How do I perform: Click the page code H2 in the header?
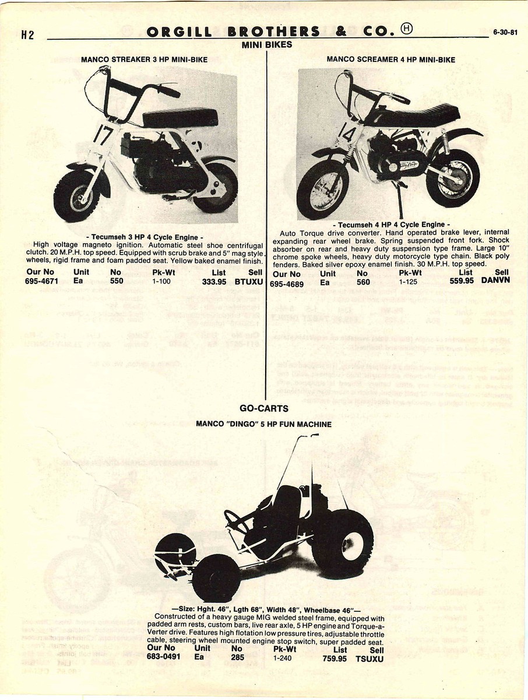[28, 34]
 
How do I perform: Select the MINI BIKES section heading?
[266, 44]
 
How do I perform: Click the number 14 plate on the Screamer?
[344, 135]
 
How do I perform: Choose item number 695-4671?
[43, 281]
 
